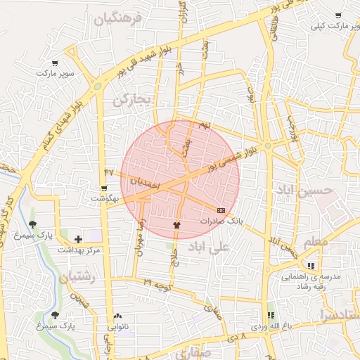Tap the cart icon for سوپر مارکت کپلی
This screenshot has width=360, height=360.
pos(338,15)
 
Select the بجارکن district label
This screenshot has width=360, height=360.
pos(131,101)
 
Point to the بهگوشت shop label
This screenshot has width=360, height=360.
pos(105,199)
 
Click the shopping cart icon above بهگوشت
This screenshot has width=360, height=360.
pos(104,188)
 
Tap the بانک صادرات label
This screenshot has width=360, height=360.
pos(220,220)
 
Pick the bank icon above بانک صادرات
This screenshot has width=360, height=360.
pos(221,210)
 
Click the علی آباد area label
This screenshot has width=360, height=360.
pos(210,247)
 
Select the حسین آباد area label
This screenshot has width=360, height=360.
pos(302,191)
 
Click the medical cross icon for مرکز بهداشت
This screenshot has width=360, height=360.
pos(78,240)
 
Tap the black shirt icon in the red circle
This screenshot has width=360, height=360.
pos(176,225)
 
